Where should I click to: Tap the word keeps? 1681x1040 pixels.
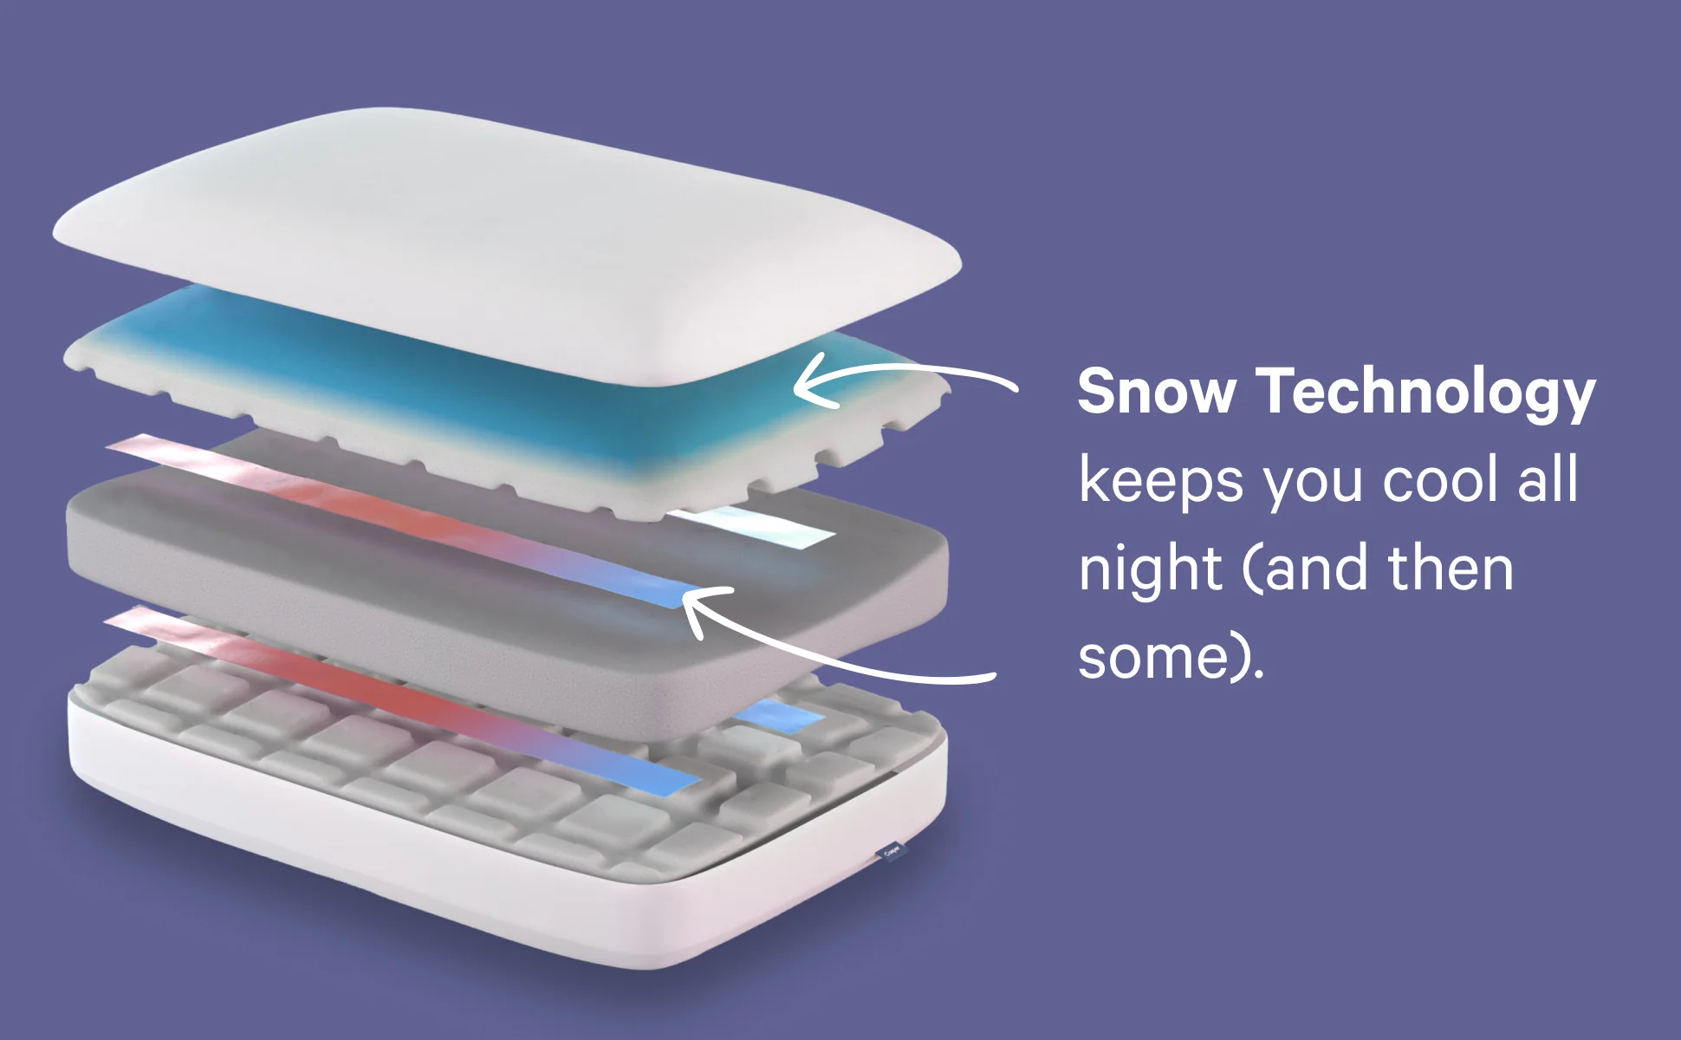tap(1161, 482)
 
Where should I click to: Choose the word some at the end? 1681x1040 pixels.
tap(1153, 660)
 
